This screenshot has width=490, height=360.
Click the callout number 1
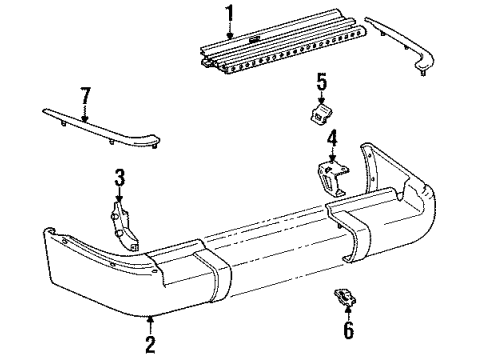229,16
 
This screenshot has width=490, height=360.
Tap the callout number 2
150,344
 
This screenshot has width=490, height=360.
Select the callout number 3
119,178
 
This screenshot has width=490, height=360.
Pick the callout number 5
321,82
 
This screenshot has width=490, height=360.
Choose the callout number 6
348,330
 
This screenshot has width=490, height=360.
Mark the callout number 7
86,96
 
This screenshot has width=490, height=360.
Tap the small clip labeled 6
345,297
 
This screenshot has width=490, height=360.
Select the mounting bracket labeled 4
332,177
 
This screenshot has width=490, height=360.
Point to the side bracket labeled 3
124,226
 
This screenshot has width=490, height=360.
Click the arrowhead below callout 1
230,35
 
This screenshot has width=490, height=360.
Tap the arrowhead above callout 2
151,319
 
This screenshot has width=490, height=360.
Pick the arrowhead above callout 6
348,308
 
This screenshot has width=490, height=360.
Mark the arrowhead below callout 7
85,118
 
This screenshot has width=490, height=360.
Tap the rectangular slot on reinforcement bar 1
254,40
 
